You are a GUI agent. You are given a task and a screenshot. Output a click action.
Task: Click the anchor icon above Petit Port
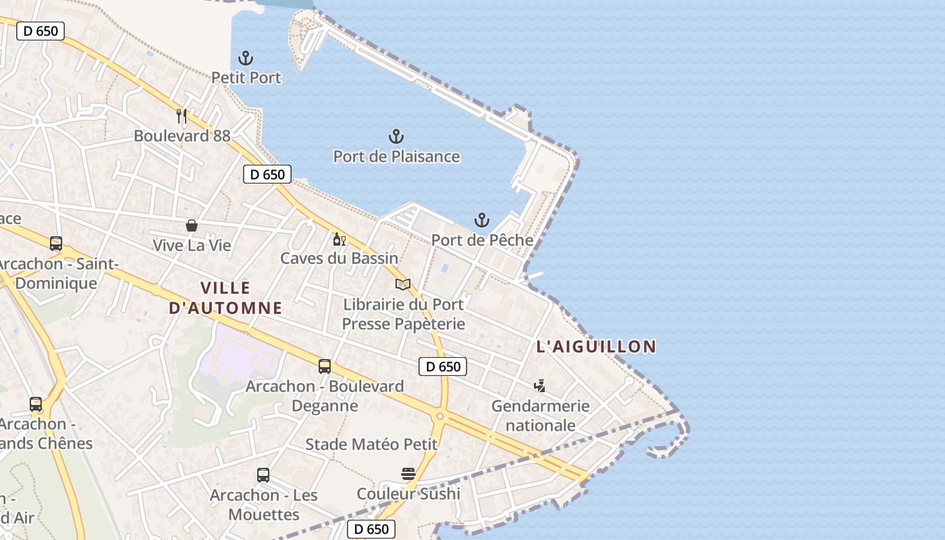[x=246, y=58]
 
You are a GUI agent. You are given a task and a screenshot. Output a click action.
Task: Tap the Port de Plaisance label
[x=396, y=157]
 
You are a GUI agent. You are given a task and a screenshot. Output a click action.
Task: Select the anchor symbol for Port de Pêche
[x=481, y=220]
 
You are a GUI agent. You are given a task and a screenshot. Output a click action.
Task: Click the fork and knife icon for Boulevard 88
[x=182, y=116]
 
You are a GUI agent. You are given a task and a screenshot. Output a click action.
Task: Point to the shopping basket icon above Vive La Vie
[x=192, y=225]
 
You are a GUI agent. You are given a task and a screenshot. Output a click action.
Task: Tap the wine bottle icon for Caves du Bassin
[x=339, y=239]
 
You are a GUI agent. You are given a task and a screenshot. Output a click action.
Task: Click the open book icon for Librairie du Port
[x=403, y=285]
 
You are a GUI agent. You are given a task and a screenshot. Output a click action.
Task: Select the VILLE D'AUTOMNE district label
[x=225, y=298]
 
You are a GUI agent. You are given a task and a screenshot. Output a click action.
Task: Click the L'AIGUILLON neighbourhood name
[x=596, y=347]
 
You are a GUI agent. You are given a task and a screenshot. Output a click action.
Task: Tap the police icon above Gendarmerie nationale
[x=539, y=386]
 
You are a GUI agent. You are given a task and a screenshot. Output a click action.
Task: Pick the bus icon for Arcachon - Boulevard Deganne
[x=325, y=367]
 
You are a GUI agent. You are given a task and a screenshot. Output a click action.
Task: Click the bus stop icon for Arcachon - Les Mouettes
[x=263, y=475]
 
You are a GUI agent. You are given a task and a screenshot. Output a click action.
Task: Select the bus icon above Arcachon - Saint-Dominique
[x=56, y=244]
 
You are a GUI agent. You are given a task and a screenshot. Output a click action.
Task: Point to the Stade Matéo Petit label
[x=371, y=445]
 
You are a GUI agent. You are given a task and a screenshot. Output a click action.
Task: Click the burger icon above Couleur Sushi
[x=408, y=474]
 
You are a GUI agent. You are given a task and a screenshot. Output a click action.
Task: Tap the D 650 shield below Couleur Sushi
[x=371, y=529]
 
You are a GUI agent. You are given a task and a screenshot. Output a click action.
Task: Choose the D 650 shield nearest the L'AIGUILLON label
[x=443, y=367]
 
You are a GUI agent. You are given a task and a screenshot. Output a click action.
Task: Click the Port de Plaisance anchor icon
[x=396, y=137]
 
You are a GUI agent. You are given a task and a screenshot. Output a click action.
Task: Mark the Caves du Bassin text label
[x=340, y=259]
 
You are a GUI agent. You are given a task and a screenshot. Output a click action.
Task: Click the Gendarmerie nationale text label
[x=540, y=416]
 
